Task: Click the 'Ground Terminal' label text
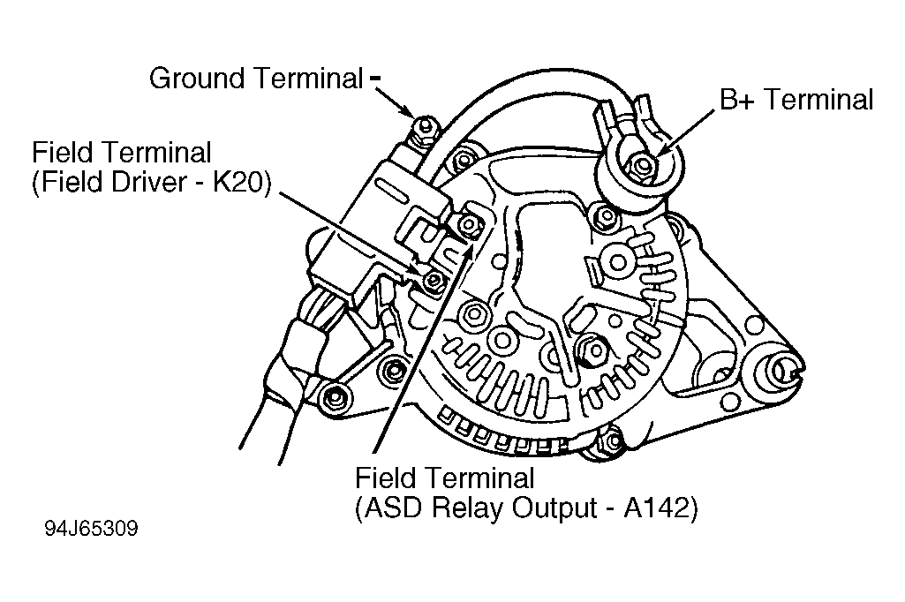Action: pos(256,79)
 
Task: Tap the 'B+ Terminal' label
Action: pos(796,99)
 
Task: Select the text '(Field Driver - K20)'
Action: pos(151,183)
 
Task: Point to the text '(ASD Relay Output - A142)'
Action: pos(526,508)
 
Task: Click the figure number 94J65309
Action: pos(92,529)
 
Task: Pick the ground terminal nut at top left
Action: pos(426,125)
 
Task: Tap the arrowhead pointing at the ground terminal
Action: pos(406,109)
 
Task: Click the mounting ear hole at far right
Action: pos(784,369)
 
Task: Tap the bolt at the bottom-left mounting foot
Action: pos(334,398)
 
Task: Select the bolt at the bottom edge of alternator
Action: pos(613,441)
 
